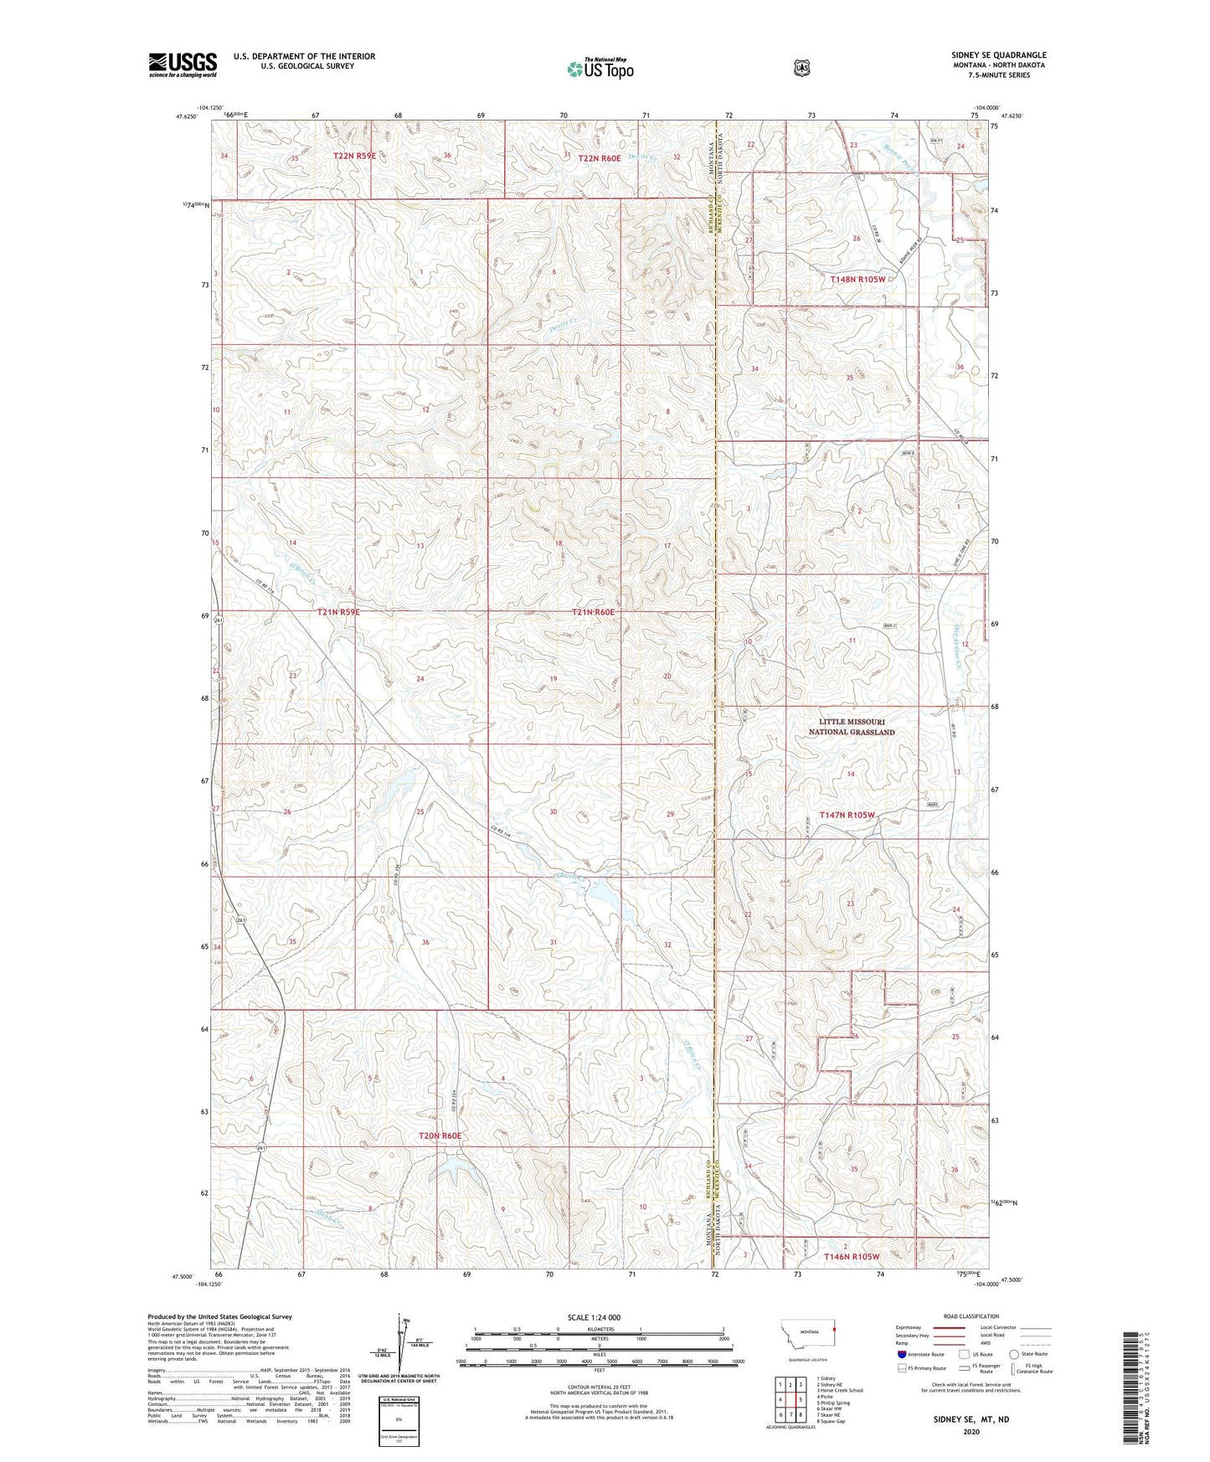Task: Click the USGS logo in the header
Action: (x=183, y=64)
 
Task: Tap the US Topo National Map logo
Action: (x=600, y=68)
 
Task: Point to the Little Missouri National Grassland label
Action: (x=851, y=727)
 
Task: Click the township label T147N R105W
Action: (x=847, y=815)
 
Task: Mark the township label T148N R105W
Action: (x=857, y=280)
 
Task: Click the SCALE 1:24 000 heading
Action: (x=594, y=1317)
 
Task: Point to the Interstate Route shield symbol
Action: (x=901, y=1353)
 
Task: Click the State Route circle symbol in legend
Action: (x=1014, y=1353)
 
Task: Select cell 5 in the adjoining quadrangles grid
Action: (x=801, y=1399)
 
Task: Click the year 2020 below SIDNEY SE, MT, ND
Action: (x=971, y=1431)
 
